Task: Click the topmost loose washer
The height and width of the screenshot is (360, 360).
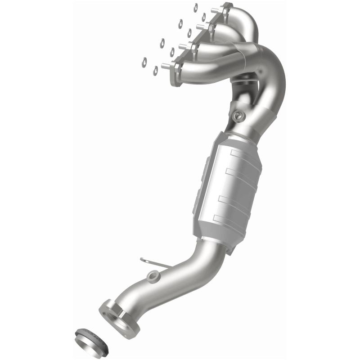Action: (196, 7)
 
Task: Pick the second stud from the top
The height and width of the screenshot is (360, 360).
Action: (200, 27)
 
